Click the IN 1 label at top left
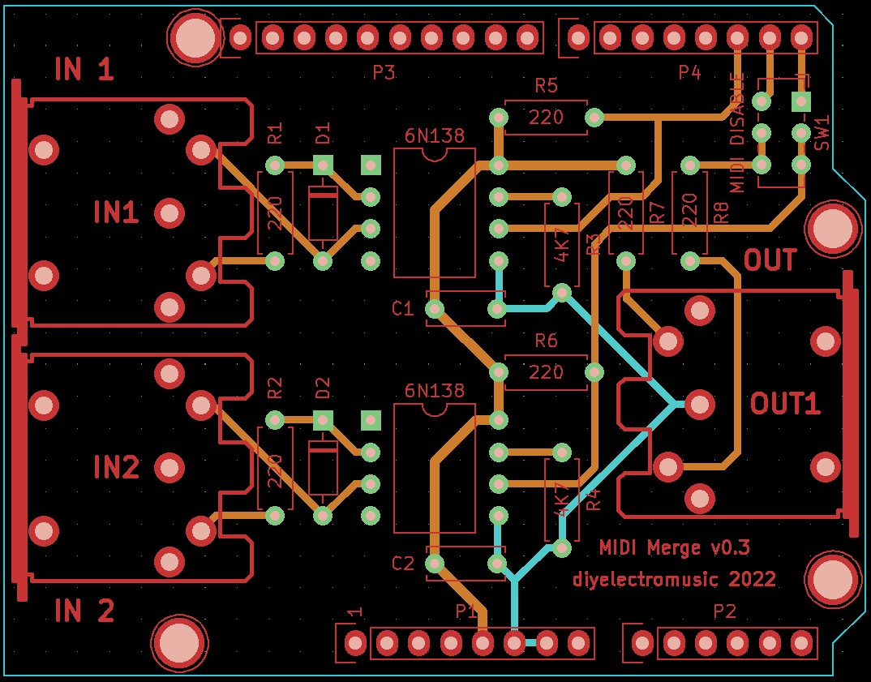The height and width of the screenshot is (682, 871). [84, 71]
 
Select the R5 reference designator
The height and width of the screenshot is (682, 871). [546, 85]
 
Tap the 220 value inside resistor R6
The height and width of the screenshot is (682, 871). [546, 372]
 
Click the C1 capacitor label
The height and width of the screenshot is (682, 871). [403, 309]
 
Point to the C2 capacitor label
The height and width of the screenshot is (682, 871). [403, 564]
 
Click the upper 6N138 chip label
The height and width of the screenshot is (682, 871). [435, 136]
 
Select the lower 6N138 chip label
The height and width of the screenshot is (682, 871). [435, 391]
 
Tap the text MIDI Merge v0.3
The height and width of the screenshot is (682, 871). [675, 548]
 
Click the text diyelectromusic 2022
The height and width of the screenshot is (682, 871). [675, 579]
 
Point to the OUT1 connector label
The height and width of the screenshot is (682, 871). [784, 404]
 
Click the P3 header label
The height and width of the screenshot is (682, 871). [384, 73]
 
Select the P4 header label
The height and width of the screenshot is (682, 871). [689, 73]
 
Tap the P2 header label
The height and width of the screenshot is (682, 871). [724, 611]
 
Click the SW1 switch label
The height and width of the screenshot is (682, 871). [822, 133]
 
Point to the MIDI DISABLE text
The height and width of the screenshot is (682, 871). [737, 132]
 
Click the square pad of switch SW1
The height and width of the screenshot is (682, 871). [801, 101]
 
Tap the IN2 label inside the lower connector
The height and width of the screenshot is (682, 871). [116, 467]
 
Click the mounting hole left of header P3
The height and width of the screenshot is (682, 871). [193, 36]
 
